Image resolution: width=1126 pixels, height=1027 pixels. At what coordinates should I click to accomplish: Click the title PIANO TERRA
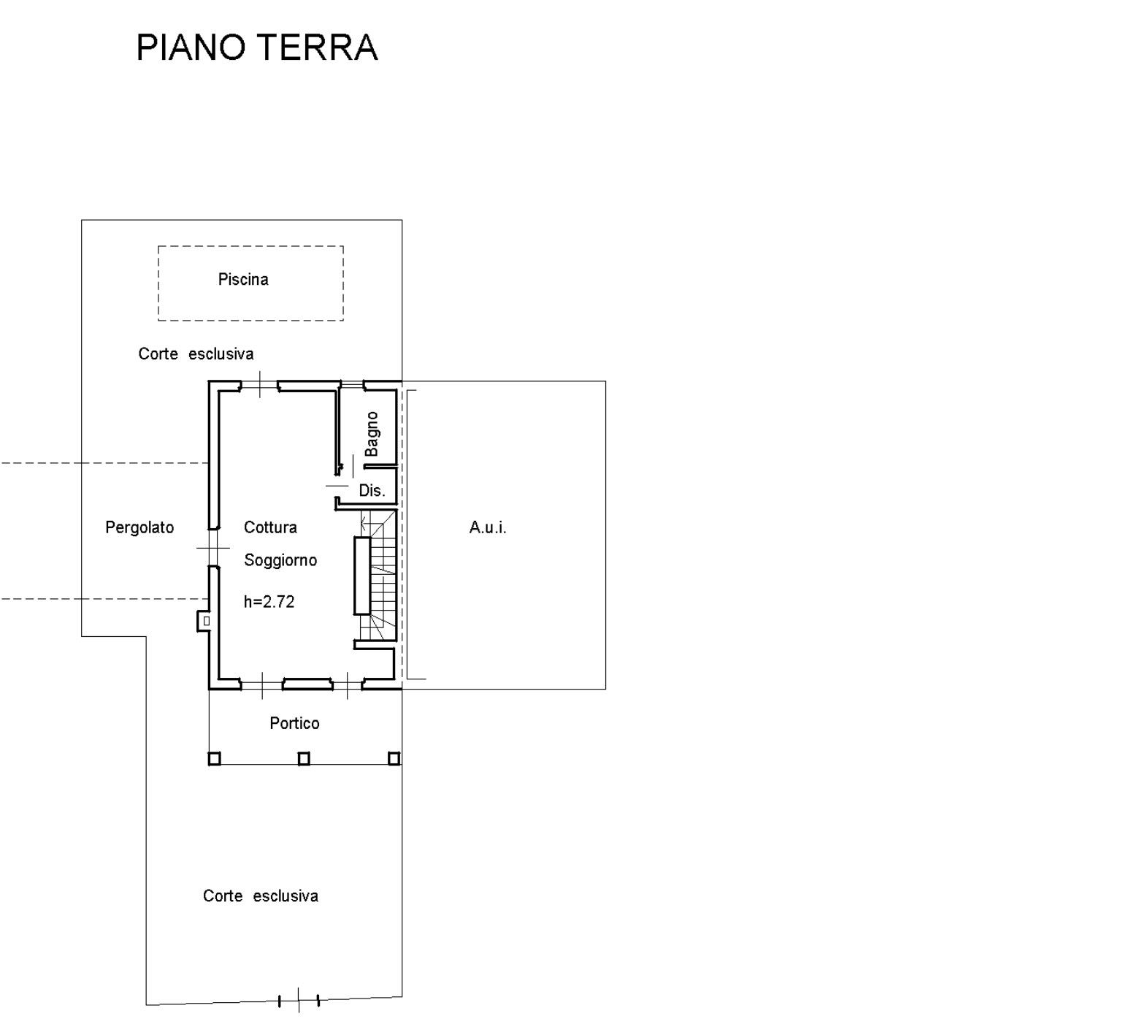(x=257, y=47)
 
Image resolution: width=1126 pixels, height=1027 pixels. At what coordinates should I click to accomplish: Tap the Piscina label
(x=243, y=279)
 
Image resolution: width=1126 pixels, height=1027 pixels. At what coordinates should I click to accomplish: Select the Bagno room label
(x=372, y=434)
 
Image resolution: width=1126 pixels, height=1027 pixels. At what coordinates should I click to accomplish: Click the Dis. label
(x=372, y=491)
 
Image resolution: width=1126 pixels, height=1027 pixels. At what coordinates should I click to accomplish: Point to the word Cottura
(x=270, y=527)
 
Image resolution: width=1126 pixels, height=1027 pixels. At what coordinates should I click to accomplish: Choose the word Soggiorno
(x=280, y=560)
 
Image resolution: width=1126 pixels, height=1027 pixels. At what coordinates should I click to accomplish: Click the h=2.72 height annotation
(x=269, y=602)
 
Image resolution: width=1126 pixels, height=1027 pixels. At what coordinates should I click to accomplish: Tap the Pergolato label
(x=139, y=527)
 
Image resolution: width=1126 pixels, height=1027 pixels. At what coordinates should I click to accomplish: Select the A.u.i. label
(x=488, y=527)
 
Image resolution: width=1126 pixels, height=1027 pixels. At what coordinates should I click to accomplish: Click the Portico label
(x=294, y=723)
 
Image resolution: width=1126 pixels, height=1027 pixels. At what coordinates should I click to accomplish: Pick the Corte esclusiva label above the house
(x=196, y=354)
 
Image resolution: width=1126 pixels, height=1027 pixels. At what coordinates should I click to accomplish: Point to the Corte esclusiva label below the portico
(x=261, y=896)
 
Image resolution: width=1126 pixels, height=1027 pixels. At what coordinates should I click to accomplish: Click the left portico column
(x=215, y=758)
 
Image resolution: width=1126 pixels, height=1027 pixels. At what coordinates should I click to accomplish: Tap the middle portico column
(x=304, y=758)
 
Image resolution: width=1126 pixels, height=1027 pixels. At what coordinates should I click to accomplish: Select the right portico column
(x=394, y=758)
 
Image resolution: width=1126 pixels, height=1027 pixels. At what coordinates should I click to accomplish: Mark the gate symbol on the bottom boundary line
(x=299, y=1000)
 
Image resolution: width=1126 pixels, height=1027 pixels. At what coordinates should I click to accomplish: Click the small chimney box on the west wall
(x=203, y=621)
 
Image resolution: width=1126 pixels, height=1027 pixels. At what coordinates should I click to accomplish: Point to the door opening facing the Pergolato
(x=213, y=548)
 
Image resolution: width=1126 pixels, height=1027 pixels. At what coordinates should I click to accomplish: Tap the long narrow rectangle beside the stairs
(x=362, y=576)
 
